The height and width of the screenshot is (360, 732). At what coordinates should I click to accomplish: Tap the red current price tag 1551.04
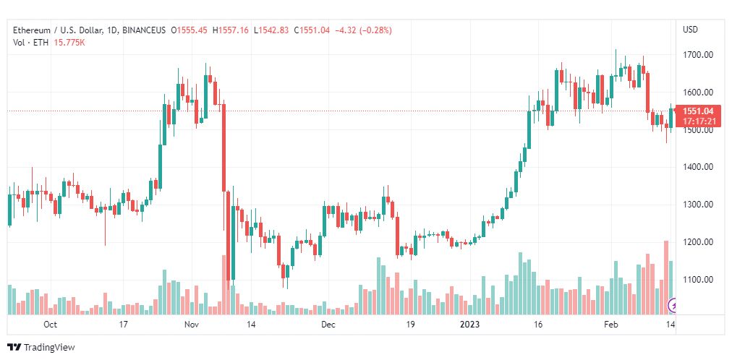(x=697, y=116)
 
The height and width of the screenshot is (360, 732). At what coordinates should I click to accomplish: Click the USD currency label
(x=691, y=30)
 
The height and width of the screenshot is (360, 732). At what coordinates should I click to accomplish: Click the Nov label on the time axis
(x=192, y=325)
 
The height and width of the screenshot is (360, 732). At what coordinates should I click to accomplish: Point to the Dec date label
(x=328, y=325)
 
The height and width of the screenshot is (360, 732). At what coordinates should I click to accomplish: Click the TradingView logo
(x=41, y=348)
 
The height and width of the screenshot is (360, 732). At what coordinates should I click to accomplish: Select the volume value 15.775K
(x=69, y=43)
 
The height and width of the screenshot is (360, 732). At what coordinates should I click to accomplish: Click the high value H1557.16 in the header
(x=231, y=30)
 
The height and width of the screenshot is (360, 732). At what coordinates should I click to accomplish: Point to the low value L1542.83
(x=271, y=30)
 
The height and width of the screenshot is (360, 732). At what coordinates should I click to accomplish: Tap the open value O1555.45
(x=190, y=30)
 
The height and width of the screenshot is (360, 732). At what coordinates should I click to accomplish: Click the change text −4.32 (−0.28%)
(x=363, y=30)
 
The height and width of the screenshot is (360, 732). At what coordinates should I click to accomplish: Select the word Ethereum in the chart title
(x=31, y=30)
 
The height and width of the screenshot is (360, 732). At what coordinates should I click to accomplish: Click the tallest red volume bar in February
(x=666, y=278)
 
